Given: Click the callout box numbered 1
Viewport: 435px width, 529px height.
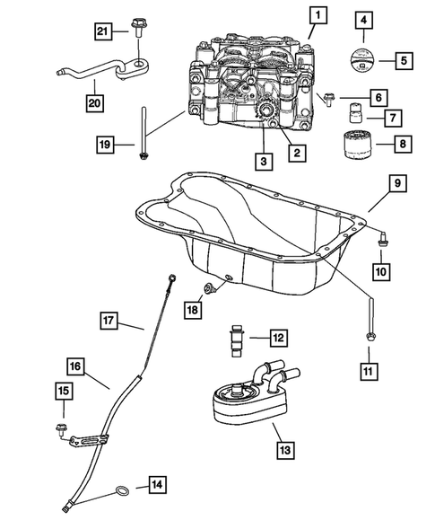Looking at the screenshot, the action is [x=318, y=15].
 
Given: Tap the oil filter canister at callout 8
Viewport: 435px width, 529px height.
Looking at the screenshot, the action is [x=357, y=145].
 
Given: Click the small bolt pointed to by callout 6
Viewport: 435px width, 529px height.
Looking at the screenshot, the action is [x=328, y=99].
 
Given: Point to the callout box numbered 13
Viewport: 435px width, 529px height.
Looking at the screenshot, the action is [x=285, y=450].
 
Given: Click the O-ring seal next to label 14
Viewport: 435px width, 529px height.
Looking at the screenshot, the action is [x=122, y=490].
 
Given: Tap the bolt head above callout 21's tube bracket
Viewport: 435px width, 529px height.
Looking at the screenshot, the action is [x=137, y=26].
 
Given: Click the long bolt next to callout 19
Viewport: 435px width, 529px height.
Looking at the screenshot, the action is [x=144, y=133].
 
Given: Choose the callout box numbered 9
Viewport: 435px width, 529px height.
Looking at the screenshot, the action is [x=397, y=183].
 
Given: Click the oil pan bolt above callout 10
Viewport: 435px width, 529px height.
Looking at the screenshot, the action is [x=382, y=240].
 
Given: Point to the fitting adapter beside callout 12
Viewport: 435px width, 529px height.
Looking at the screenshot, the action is [x=237, y=340].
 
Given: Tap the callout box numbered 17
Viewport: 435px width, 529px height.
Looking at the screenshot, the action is [x=109, y=320].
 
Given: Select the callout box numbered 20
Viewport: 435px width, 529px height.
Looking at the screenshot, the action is [x=94, y=102].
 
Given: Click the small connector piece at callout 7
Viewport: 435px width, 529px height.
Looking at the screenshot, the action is [x=354, y=113].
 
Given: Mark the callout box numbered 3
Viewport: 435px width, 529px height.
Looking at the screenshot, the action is [x=264, y=162].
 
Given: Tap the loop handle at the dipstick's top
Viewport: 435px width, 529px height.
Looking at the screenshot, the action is [x=172, y=278].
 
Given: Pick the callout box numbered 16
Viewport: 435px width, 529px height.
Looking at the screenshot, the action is [x=75, y=366].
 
